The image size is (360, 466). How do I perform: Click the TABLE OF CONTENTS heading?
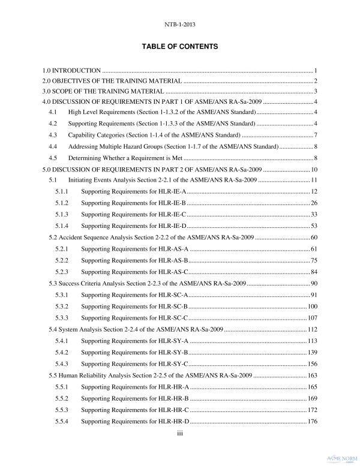180,46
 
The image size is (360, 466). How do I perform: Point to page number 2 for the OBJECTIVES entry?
315,81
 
